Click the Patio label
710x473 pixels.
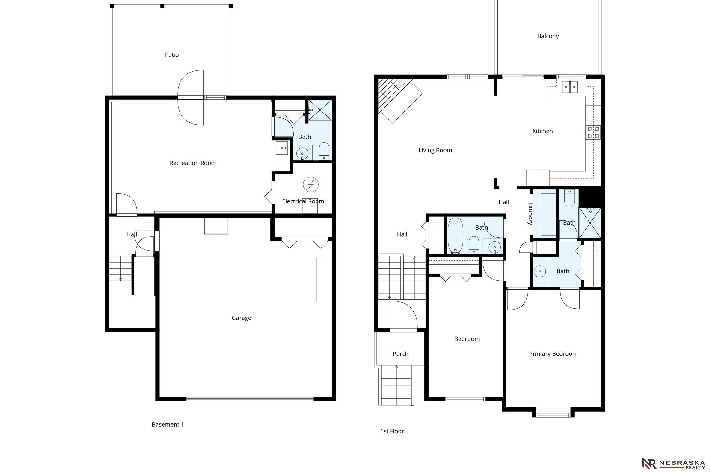coord(172,55)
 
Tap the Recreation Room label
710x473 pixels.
coord(193,163)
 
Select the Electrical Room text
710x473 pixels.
coord(303,201)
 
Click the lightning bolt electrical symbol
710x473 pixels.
coord(311,184)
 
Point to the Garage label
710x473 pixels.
coord(241,318)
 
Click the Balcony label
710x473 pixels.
coord(548,36)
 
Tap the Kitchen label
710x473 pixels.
coord(542,131)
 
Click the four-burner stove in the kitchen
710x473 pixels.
coord(593,132)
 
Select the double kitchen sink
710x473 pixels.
coord(570,87)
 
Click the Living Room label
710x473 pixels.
coord(435,150)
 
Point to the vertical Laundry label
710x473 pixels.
coord(530,213)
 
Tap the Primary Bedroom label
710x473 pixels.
coord(553,354)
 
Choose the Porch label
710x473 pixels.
coord(400,354)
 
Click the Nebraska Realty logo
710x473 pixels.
coord(673,464)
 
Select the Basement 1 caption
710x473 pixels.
coord(168,425)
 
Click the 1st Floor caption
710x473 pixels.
coord(392,431)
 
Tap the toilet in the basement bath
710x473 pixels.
coord(324,151)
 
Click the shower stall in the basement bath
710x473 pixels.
coord(320,110)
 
